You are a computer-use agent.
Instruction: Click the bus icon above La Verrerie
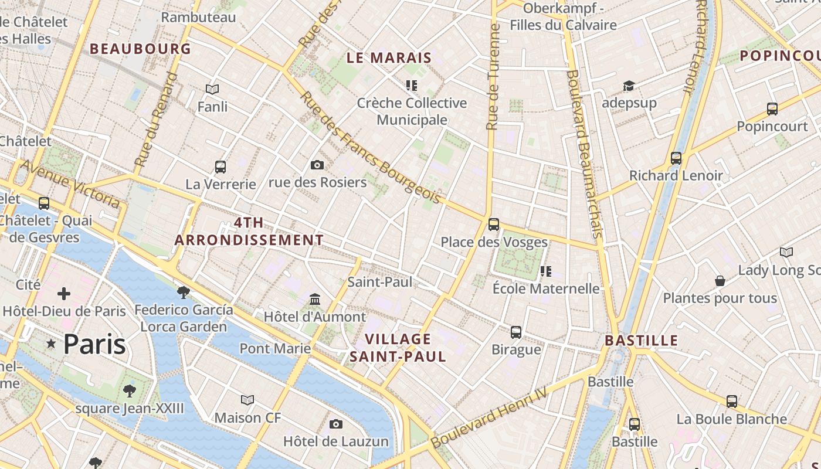click(x=220, y=167)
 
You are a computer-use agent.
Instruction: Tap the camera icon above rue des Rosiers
click(x=317, y=165)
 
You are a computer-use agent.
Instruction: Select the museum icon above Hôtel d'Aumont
click(x=315, y=300)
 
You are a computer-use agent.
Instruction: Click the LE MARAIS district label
click(x=389, y=57)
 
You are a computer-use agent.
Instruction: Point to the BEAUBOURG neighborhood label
click(x=141, y=49)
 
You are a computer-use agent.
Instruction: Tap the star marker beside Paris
click(x=51, y=344)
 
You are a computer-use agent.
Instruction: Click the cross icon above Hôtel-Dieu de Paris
click(x=64, y=293)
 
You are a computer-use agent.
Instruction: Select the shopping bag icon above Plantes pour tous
click(x=720, y=281)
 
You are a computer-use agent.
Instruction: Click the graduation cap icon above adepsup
click(x=629, y=86)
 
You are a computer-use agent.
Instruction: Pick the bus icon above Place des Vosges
click(x=494, y=225)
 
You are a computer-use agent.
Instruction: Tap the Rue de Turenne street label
click(x=493, y=76)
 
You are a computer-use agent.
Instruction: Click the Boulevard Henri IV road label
click(x=489, y=417)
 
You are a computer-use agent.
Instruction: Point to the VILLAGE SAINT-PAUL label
click(x=398, y=348)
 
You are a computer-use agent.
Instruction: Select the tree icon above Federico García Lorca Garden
click(x=184, y=292)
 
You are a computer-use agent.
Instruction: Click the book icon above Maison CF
click(x=247, y=400)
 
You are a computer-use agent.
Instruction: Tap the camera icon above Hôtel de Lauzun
click(x=336, y=424)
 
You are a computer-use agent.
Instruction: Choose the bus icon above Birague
click(x=516, y=332)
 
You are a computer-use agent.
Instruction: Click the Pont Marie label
click(x=275, y=349)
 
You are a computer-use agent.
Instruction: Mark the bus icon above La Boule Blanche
click(x=731, y=402)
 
